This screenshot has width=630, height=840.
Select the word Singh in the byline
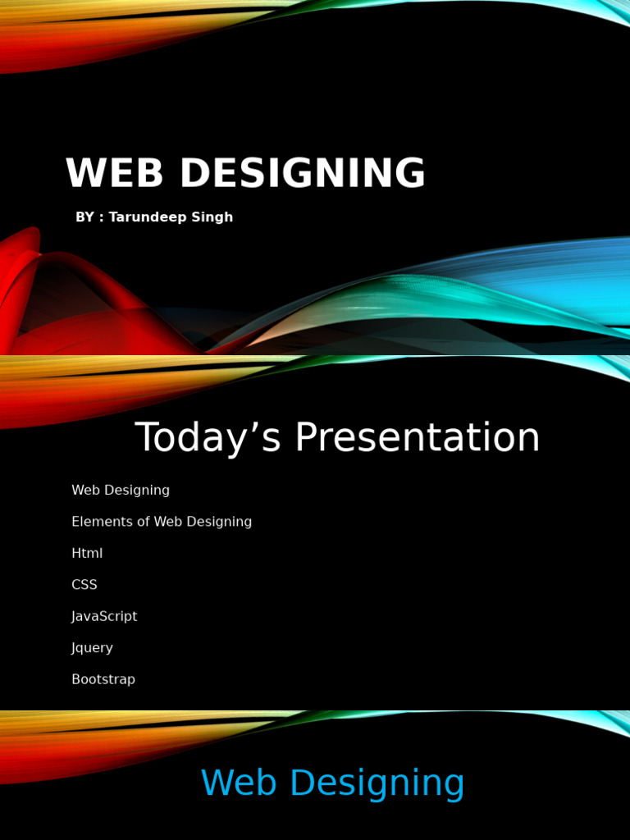212,217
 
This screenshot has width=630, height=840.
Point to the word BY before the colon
84,217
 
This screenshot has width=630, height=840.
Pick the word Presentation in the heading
418,438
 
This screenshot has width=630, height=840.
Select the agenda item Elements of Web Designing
162,522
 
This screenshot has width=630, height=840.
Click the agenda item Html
87,554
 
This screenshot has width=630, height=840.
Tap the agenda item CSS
84,585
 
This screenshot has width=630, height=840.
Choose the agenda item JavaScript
104,617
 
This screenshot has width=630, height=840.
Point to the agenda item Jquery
92,648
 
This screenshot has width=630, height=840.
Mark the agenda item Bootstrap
103,680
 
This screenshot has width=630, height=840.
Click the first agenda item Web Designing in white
121,491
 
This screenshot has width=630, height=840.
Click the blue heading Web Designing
332,783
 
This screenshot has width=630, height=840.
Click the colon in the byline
102,218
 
